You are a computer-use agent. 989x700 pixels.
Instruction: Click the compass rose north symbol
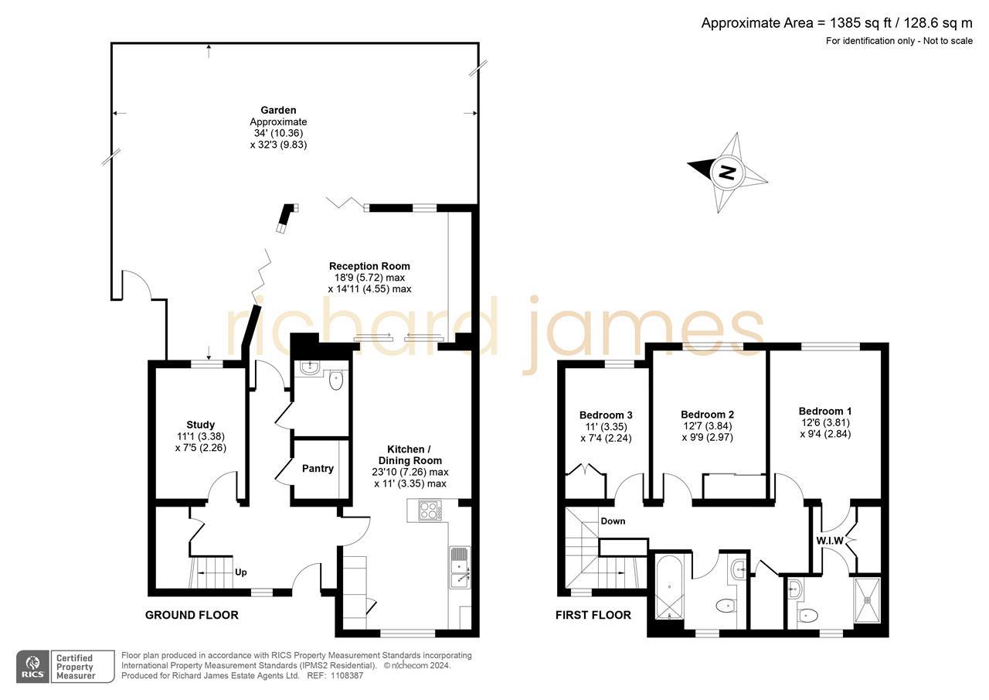pyautogui.click(x=727, y=172)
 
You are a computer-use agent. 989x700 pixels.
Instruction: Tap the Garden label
pyautogui.click(x=278, y=111)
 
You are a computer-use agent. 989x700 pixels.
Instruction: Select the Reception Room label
pyautogui.click(x=369, y=266)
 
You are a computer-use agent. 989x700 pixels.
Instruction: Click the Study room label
pyautogui.click(x=200, y=425)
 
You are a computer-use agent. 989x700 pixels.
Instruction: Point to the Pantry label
pyautogui.click(x=318, y=469)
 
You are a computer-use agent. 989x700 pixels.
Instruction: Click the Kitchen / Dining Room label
pyautogui.click(x=410, y=455)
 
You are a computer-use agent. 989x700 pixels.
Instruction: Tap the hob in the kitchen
pyautogui.click(x=429, y=510)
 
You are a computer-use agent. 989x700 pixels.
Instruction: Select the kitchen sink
pyautogui.click(x=459, y=569)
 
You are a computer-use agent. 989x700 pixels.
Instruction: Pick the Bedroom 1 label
pyautogui.click(x=825, y=411)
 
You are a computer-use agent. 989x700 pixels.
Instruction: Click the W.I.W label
pyautogui.click(x=830, y=540)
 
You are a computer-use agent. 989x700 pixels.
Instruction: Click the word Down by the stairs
pyautogui.click(x=613, y=521)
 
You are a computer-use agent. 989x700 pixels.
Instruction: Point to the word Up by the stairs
pyautogui.click(x=241, y=573)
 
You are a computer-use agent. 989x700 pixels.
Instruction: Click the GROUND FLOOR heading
pyautogui.click(x=192, y=616)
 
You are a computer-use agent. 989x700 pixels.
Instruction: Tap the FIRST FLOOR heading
pyautogui.click(x=593, y=616)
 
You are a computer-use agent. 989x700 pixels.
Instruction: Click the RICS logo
pyautogui.click(x=32, y=666)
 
